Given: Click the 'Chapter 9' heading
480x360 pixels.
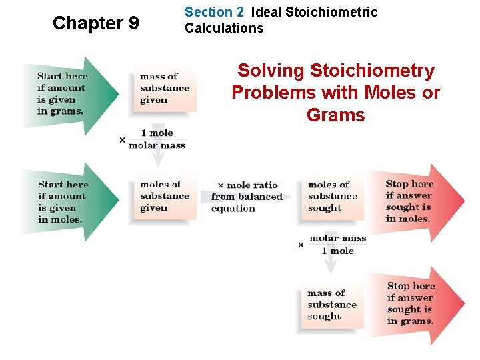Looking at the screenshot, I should click(x=96, y=23).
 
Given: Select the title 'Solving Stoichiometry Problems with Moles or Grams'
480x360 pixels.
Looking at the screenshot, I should click(x=335, y=93).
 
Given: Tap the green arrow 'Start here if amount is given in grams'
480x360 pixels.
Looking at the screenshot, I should click(x=67, y=94).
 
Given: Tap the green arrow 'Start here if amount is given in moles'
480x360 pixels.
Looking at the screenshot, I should click(x=67, y=201).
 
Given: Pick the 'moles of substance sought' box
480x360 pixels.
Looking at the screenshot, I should click(x=333, y=197).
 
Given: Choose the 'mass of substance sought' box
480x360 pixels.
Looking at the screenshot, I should click(x=332, y=305).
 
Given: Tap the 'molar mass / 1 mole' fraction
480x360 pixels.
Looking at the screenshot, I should click(x=337, y=245).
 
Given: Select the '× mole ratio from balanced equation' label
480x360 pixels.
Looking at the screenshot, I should click(x=247, y=197).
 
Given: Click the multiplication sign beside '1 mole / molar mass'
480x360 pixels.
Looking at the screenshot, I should click(x=122, y=140).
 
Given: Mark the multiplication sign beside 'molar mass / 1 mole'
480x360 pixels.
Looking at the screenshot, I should click(x=301, y=245).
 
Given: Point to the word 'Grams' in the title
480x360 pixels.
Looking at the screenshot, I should click(x=335, y=115).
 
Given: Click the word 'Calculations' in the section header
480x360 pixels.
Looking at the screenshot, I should click(x=224, y=28).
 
